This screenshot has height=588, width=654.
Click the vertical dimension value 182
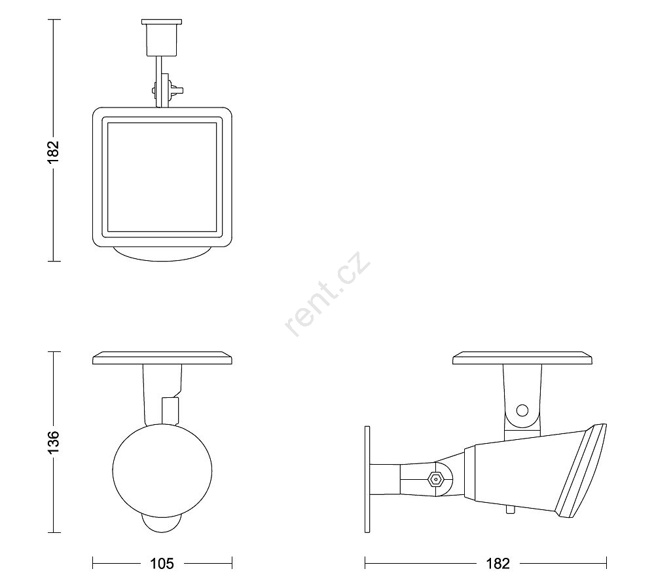pyautogui.click(x=54, y=152)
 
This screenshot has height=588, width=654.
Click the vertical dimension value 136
pyautogui.click(x=54, y=442)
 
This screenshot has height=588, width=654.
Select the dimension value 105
pyautogui.click(x=162, y=564)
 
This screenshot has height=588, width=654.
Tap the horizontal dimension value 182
pyautogui.click(x=498, y=564)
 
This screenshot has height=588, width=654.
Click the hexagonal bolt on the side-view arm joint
pyautogui.click(x=436, y=479)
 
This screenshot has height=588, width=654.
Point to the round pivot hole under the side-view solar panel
pyautogui.click(x=522, y=410)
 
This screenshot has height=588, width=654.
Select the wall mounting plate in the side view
pyautogui.click(x=367, y=479)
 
